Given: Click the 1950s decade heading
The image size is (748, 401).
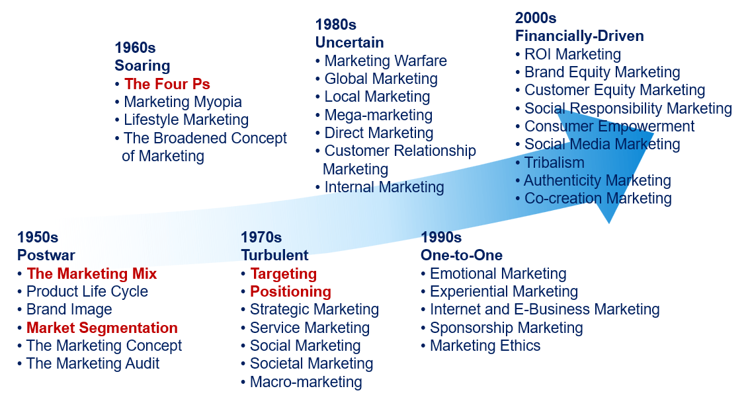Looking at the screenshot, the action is click(x=38, y=237).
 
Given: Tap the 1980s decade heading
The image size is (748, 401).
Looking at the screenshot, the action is click(x=336, y=24).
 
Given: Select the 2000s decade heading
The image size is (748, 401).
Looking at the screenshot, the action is click(x=536, y=18).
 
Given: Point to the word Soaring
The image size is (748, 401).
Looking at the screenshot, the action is click(x=142, y=65).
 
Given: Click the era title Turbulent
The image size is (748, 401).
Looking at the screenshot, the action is click(x=274, y=255).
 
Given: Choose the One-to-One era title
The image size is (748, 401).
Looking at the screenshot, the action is click(x=461, y=255).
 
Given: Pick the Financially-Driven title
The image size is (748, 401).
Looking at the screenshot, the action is click(x=579, y=36).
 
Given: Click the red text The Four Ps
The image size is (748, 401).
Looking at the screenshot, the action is click(x=167, y=85).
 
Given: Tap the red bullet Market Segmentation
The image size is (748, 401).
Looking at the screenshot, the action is click(x=102, y=328).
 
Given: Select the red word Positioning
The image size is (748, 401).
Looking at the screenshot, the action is click(x=290, y=291).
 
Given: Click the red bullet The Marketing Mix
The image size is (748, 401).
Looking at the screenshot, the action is click(x=91, y=273).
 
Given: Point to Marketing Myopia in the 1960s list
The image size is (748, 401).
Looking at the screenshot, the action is click(x=183, y=102).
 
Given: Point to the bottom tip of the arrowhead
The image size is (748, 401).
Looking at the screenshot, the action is click(x=609, y=223).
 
